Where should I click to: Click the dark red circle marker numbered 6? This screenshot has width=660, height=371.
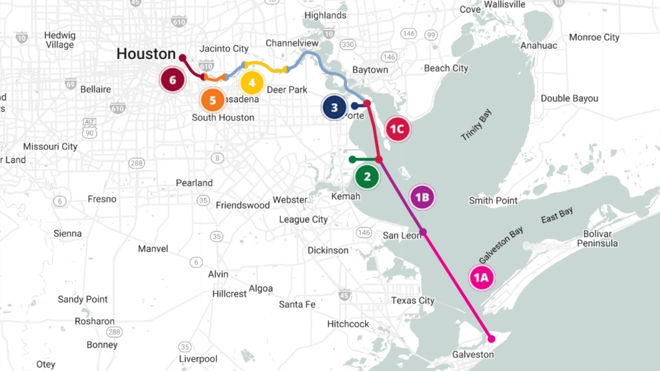pyautogui.click(x=173, y=80)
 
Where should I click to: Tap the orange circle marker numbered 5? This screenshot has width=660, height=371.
pyautogui.click(x=212, y=100)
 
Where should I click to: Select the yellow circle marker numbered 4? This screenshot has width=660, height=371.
pyautogui.click(x=252, y=83)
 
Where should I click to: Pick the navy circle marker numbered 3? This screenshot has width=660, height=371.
pyautogui.click(x=334, y=108)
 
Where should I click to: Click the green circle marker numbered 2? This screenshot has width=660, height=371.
pyautogui.click(x=367, y=177)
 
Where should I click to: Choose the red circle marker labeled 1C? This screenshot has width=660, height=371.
pyautogui.click(x=397, y=129)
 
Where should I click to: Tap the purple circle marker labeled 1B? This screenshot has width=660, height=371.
pyautogui.click(x=422, y=197)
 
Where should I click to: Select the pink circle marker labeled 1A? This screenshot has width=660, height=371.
pyautogui.click(x=481, y=278)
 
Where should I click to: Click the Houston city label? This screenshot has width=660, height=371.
pyautogui.click(x=146, y=54)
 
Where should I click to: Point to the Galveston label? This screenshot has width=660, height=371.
pyautogui.click(x=473, y=355)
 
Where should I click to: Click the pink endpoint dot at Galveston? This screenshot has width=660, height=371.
pyautogui.click(x=492, y=339)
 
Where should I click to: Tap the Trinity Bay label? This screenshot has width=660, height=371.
pyautogui.click(x=476, y=125)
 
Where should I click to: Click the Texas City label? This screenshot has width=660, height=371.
pyautogui.click(x=412, y=301)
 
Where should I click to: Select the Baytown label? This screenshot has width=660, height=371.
pyautogui.click(x=370, y=70)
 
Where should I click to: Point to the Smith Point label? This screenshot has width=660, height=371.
pyautogui.click(x=493, y=201)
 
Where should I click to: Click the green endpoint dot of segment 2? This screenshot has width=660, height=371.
pyautogui.click(x=352, y=159)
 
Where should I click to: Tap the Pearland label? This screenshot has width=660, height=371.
pyautogui.click(x=194, y=183)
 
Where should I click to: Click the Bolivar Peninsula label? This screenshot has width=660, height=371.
pyautogui.click(x=597, y=238)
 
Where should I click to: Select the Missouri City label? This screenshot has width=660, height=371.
pyautogui.click(x=50, y=147)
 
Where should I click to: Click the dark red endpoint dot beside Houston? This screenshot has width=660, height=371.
pyautogui.click(x=183, y=58)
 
